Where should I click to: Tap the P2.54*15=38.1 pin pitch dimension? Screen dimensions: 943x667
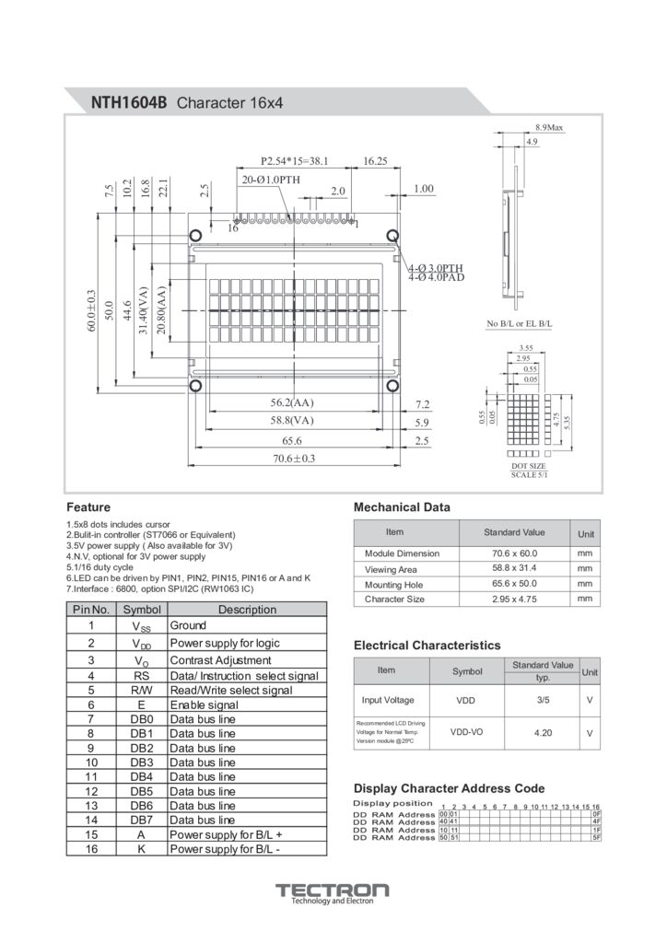(295, 160)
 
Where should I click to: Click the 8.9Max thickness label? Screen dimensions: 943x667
(548, 127)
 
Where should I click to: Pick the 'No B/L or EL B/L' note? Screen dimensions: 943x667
(519, 324)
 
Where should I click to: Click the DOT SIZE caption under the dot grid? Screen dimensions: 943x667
(529, 467)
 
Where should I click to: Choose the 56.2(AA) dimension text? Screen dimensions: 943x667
(291, 403)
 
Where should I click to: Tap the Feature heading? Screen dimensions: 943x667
(88, 507)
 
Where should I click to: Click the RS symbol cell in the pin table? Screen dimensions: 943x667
(141, 675)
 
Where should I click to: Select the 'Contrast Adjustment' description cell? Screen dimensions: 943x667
(220, 660)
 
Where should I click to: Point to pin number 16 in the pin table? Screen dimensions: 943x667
(91, 849)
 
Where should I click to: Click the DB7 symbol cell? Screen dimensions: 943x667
(141, 820)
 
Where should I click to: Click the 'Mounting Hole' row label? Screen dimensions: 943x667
(393, 585)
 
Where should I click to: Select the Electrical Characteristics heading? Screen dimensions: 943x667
(427, 645)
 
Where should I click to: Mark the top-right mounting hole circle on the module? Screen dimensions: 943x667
(392, 235)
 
